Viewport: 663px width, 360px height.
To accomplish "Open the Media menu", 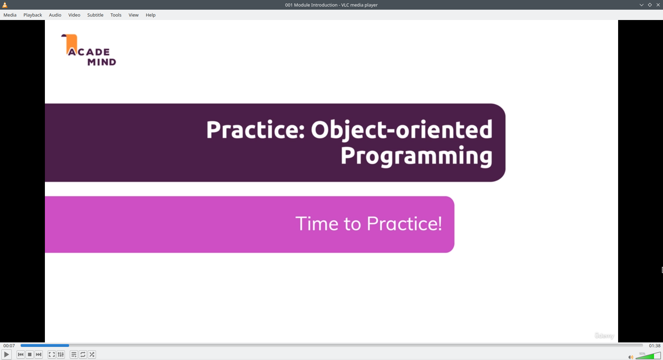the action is (10, 15).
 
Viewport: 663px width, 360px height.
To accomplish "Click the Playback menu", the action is (33, 15).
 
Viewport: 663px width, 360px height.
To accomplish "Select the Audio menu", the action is (55, 15).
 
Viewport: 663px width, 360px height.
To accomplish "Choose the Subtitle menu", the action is (95, 15).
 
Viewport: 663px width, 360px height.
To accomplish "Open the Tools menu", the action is (116, 15).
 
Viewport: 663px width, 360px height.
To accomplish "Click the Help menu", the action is (151, 15).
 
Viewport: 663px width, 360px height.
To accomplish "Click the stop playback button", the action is (30, 354).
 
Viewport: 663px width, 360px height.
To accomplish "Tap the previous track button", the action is (21, 354).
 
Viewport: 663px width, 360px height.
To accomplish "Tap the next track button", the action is (39, 354).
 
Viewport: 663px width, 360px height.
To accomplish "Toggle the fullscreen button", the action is (52, 354).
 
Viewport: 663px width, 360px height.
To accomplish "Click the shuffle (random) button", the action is (92, 354).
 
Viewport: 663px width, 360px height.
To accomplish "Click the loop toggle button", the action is (83, 354).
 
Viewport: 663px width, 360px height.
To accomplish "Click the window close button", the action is (658, 5).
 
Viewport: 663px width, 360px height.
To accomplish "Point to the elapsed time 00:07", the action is (9, 346).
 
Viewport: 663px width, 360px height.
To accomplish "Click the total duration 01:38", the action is (655, 346).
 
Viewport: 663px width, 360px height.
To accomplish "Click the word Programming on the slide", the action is (416, 156).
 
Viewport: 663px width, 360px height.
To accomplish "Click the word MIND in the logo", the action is (102, 62).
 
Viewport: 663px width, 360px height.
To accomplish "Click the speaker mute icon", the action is (631, 357).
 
